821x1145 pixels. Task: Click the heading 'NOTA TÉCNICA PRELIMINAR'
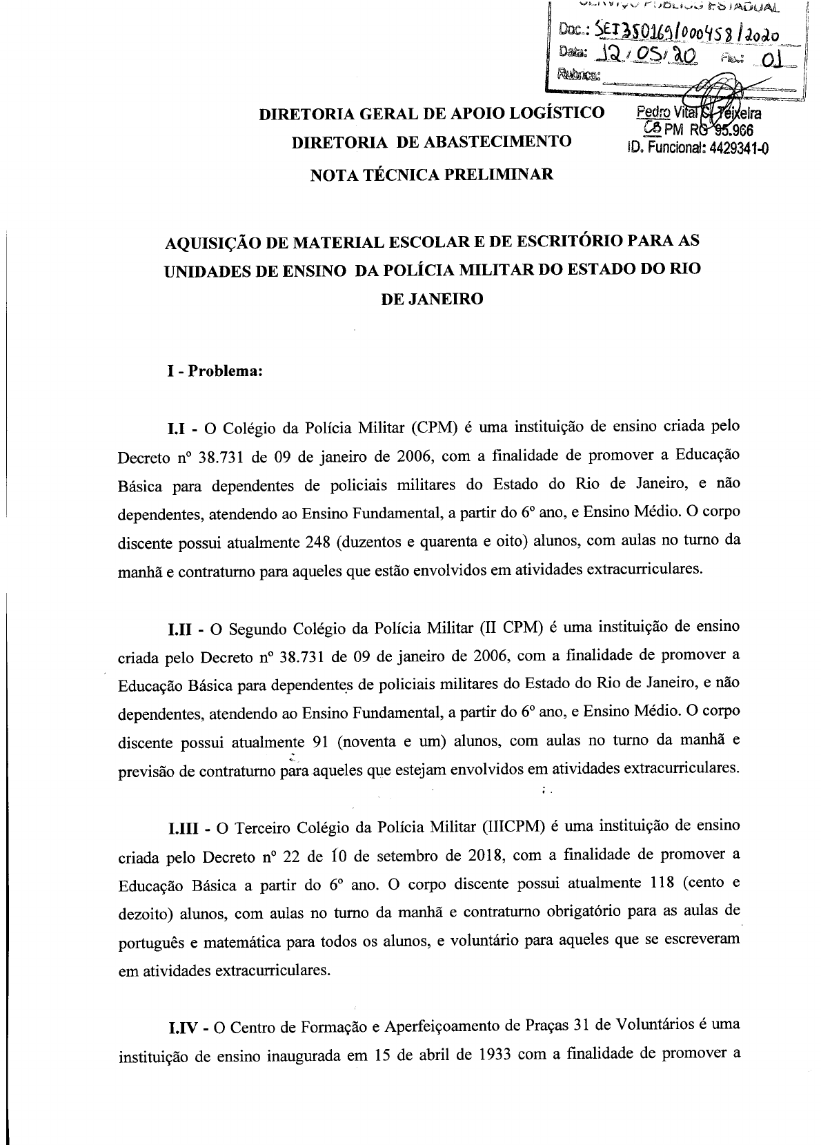click(432, 175)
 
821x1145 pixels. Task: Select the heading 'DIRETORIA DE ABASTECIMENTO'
click(432, 143)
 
